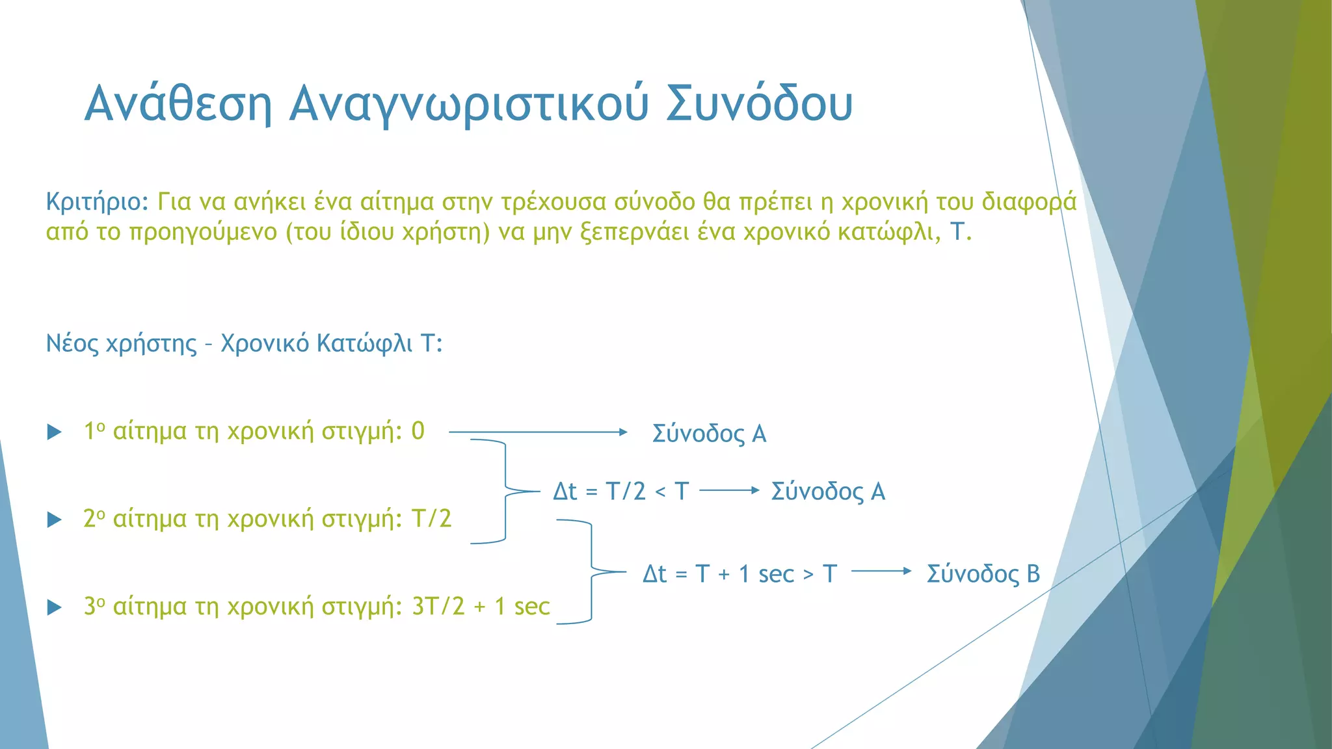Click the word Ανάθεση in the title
click(178, 104)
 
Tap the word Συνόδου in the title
click(759, 104)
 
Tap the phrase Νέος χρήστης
click(121, 343)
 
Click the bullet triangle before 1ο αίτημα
click(55, 432)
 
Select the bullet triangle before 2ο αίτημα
click(55, 520)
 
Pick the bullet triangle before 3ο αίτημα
click(55, 608)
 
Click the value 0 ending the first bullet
click(418, 431)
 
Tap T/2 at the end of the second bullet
click(431, 519)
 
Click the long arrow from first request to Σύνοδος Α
click(537, 432)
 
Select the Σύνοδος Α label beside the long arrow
click(709, 434)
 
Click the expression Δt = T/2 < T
click(620, 492)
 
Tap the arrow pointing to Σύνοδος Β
click(881, 571)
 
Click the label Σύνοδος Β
click(983, 574)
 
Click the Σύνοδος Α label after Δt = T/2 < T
click(827, 492)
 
